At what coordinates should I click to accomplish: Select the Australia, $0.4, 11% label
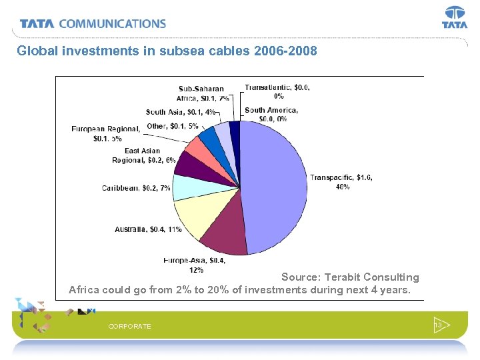coord(148,229)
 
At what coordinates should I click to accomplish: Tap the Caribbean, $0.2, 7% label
coord(136,189)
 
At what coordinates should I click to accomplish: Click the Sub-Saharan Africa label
coord(203,93)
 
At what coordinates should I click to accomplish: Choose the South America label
coord(271,114)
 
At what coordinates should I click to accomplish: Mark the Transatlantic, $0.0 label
coord(277,91)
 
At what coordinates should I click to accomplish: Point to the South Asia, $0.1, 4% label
coord(180,112)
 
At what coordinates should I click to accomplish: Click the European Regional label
coord(105,133)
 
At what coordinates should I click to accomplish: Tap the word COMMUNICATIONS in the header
coord(112,23)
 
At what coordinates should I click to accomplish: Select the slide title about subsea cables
coord(167,50)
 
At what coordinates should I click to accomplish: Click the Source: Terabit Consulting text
coord(350,277)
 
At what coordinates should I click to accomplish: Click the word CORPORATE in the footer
coord(129,326)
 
